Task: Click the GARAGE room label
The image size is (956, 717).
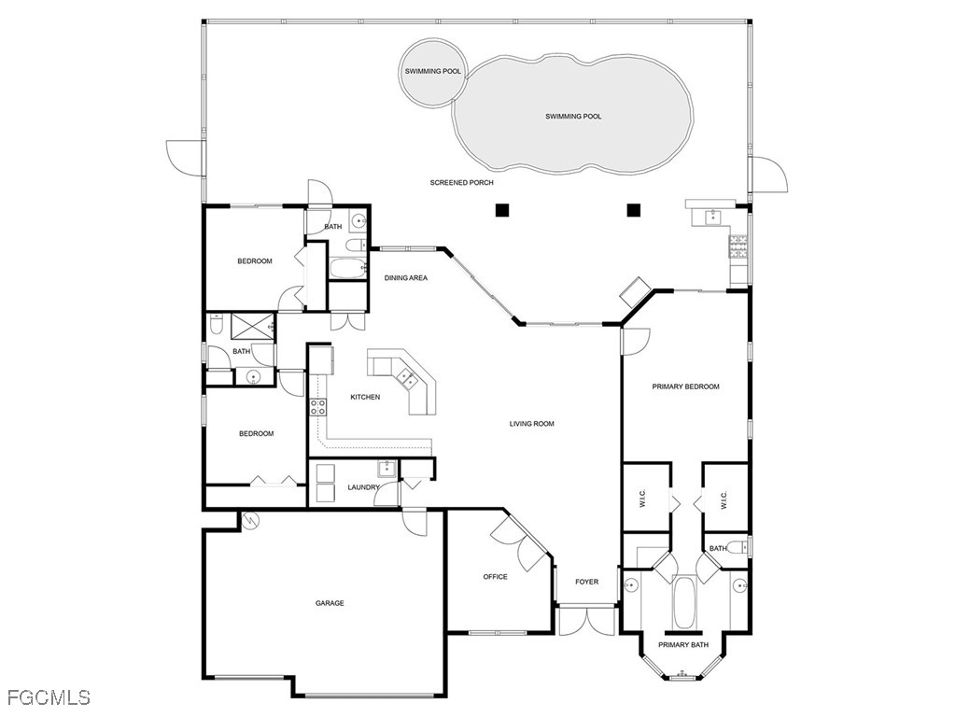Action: pos(330,603)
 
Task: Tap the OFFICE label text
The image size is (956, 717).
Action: pos(495,577)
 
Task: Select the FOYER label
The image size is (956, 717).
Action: pos(586,582)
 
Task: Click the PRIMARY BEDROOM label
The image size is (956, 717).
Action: pos(685,387)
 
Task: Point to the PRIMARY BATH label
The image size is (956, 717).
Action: pos(683,645)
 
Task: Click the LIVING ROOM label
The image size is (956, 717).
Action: pos(531,424)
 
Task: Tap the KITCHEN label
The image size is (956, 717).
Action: pos(365,398)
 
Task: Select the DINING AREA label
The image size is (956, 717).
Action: pos(406,278)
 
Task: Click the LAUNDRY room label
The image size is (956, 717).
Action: pos(362,487)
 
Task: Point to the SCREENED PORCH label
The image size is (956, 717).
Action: pos(461,183)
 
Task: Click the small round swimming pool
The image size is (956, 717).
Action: pos(432,71)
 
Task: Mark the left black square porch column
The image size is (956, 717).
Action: pos(502,210)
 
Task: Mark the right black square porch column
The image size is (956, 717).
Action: pos(634,210)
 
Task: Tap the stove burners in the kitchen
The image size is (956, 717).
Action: pos(317,406)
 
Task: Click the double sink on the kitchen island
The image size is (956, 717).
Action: pos(407,377)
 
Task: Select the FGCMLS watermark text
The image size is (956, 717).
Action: pos(49,697)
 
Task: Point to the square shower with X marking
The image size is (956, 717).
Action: pos(249,325)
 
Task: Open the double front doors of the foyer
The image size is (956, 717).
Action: pos(586,622)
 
